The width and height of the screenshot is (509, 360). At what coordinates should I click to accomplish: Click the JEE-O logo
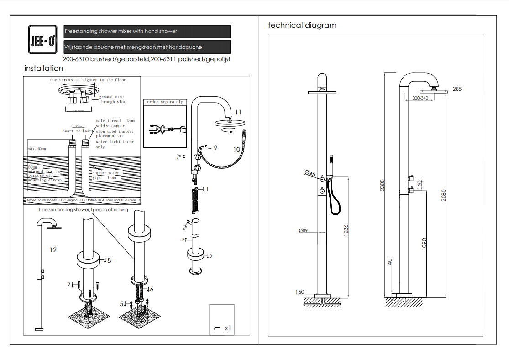[42, 39]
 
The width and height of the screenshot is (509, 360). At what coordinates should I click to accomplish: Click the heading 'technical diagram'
[302, 26]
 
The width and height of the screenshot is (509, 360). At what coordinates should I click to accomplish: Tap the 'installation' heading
[44, 69]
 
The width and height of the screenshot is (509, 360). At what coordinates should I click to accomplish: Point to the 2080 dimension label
[443, 195]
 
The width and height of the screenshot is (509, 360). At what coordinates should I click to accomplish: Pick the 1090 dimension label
[424, 244]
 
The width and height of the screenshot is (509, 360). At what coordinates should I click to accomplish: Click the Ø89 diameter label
[303, 231]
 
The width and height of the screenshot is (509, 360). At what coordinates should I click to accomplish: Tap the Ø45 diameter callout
[310, 173]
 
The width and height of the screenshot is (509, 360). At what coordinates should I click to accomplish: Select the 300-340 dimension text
[420, 98]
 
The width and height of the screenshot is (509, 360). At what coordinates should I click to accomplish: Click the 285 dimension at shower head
[457, 89]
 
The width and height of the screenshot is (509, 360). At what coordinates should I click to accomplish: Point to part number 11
[238, 112]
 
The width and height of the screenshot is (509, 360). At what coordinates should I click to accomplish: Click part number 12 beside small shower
[53, 250]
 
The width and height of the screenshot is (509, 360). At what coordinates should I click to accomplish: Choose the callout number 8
[109, 260]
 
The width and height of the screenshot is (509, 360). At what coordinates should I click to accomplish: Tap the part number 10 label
[236, 149]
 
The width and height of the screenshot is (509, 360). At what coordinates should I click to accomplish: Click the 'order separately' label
[165, 102]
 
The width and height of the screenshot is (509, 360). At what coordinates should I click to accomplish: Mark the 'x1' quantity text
[227, 328]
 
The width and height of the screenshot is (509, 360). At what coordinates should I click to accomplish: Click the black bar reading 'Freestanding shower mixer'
[147, 32]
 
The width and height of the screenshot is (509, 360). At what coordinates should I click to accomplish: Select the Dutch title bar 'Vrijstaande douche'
[147, 47]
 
